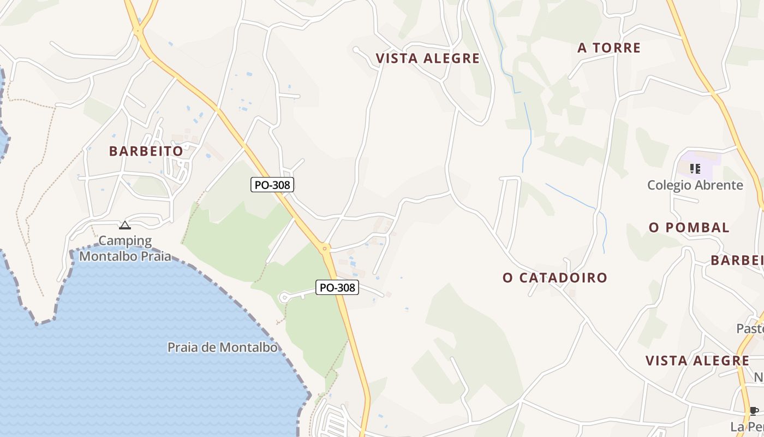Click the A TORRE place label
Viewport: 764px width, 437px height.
pyautogui.click(x=609, y=48)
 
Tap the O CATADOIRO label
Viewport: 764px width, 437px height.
pyautogui.click(x=554, y=277)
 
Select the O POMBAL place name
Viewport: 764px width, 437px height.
pyautogui.click(x=689, y=228)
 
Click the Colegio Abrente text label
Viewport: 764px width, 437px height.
pyautogui.click(x=695, y=185)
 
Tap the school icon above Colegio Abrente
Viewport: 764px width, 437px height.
pyautogui.click(x=695, y=168)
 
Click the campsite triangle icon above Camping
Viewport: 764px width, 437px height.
pyautogui.click(x=125, y=225)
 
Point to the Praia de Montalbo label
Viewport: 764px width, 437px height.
pyautogui.click(x=222, y=347)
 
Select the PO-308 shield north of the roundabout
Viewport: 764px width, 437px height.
pyautogui.click(x=272, y=185)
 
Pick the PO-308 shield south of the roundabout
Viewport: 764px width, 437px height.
pyautogui.click(x=337, y=287)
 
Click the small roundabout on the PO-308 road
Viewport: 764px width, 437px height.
pyautogui.click(x=325, y=249)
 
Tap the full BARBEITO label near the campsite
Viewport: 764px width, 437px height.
pyautogui.click(x=146, y=151)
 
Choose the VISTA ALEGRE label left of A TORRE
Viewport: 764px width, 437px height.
pyautogui.click(x=427, y=58)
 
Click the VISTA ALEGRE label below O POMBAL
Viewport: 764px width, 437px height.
pyautogui.click(x=697, y=361)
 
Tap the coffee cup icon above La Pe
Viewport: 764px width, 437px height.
pyautogui.click(x=754, y=411)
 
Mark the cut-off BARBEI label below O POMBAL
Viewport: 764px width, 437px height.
pyautogui.click(x=737, y=260)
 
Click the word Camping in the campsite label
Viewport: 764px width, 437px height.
pyautogui.click(x=125, y=241)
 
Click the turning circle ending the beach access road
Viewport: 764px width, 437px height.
pyautogui.click(x=283, y=297)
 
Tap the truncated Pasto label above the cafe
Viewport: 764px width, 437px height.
pyautogui.click(x=750, y=328)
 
